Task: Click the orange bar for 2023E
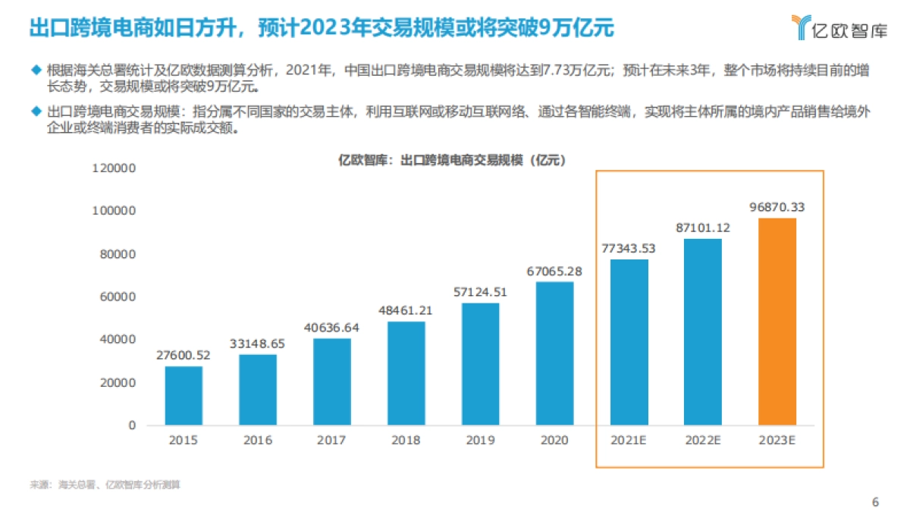[777, 322]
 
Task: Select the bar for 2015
[184, 395]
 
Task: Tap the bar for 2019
[481, 364]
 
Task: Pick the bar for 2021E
[629, 342]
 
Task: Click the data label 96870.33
[777, 206]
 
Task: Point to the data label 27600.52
[184, 354]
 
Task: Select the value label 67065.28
[554, 270]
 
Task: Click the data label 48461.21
[406, 309]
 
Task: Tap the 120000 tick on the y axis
[113, 168]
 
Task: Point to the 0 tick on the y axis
[131, 426]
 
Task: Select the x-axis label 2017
[332, 441]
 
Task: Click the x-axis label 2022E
[703, 441]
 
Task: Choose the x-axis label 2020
[554, 441]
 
